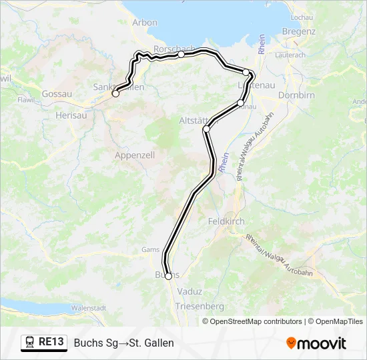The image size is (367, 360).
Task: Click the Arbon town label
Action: pyautogui.click(x=145, y=22)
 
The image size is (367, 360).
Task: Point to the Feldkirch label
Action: pyautogui.click(x=226, y=221)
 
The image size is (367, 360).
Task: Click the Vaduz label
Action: pyautogui.click(x=190, y=291)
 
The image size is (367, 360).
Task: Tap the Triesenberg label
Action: pyautogui.click(x=199, y=305)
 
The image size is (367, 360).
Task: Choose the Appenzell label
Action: pyautogui.click(x=135, y=155)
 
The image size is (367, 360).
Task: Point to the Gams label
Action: pyautogui.click(x=149, y=250)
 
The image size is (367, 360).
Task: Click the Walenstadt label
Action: pyautogui.click(x=89, y=308)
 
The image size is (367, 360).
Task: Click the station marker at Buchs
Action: pyautogui.click(x=168, y=276)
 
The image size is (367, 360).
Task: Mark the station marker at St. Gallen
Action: pyautogui.click(x=115, y=93)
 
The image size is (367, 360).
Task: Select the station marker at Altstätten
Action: pyautogui.click(x=207, y=129)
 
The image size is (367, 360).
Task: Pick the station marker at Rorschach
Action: pyautogui.click(x=181, y=55)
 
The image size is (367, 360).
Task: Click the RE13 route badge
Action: pyautogui.click(x=52, y=342)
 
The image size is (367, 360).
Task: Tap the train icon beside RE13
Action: pyautogui.click(x=29, y=343)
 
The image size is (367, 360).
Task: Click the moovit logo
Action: pyautogui.click(x=316, y=343)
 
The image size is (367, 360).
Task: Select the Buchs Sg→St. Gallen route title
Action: pyautogui.click(x=124, y=343)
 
